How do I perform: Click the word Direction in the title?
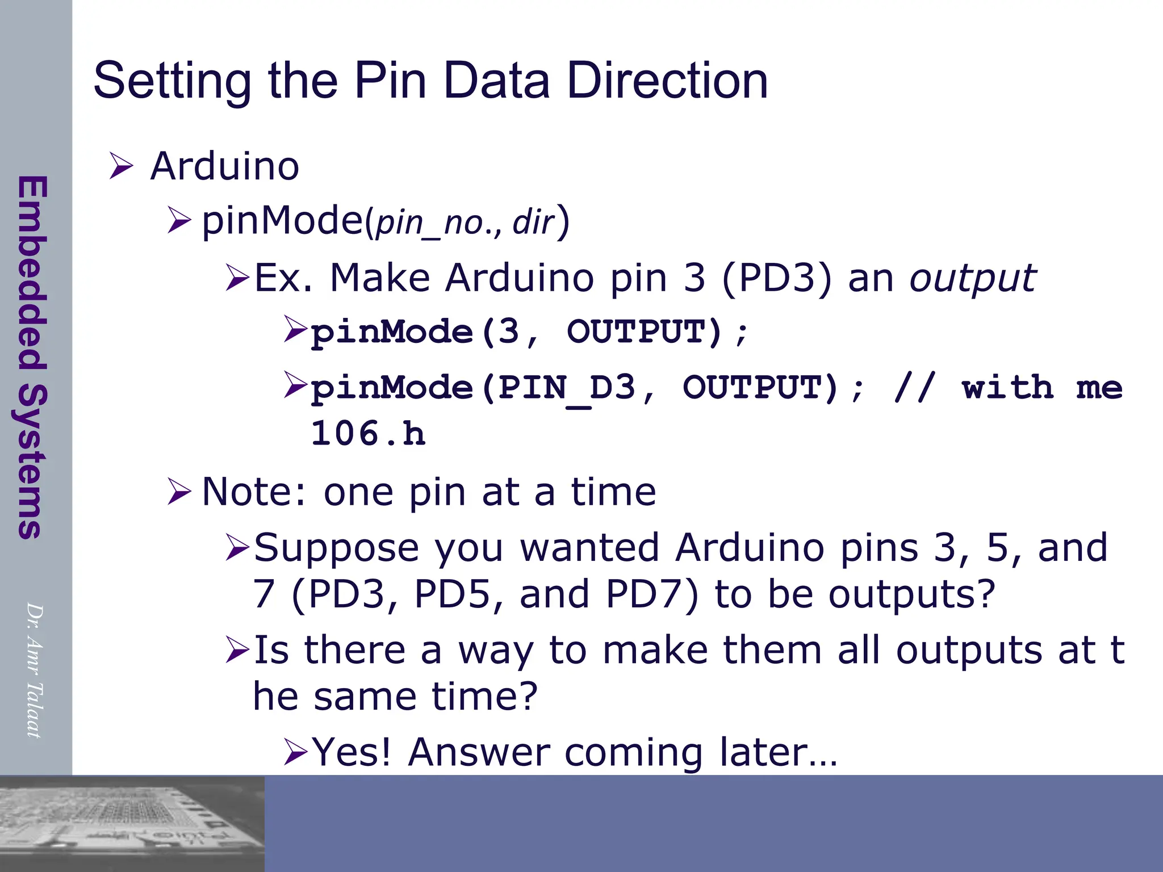(x=667, y=81)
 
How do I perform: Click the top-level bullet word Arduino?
(x=224, y=166)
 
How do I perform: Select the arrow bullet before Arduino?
(x=120, y=166)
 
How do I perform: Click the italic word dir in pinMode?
(x=533, y=222)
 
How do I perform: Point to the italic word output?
(x=973, y=278)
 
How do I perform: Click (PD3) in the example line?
(x=777, y=278)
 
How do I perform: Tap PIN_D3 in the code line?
(x=566, y=388)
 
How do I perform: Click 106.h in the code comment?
(x=368, y=434)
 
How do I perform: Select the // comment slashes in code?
(x=913, y=388)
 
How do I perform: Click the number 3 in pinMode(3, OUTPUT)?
(x=508, y=332)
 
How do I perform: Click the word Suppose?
(x=337, y=548)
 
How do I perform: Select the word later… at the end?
(x=777, y=752)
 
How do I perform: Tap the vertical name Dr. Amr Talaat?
(x=34, y=670)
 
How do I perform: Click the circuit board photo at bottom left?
(x=132, y=824)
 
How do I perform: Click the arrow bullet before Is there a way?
(x=237, y=650)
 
